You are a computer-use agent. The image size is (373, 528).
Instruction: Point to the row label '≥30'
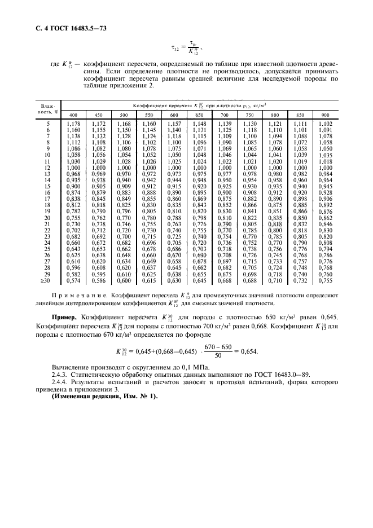pyautogui.click(x=47, y=280)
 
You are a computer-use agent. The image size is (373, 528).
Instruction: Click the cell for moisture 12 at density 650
pyautogui.click(x=200, y=168)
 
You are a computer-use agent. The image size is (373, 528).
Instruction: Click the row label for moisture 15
pyautogui.click(x=48, y=186)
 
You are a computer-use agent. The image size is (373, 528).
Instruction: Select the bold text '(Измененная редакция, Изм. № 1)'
pyautogui.click(x=105, y=413)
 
